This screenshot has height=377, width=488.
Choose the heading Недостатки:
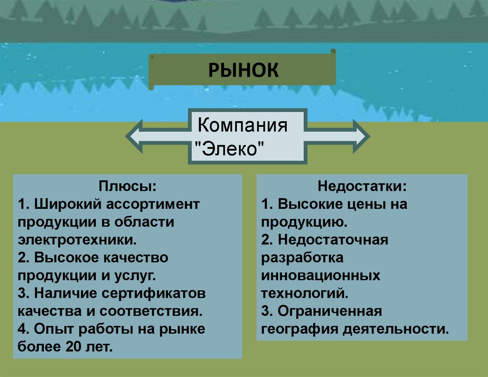(x=362, y=185)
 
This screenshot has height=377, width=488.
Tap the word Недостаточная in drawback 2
(x=333, y=240)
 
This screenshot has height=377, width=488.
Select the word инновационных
(x=320, y=275)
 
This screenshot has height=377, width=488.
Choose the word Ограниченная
(x=330, y=311)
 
